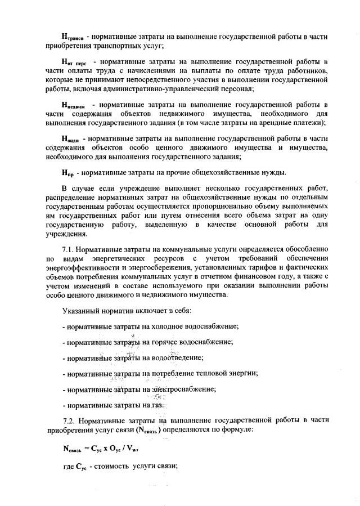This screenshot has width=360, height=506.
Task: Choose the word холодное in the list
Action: coord(166,326)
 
